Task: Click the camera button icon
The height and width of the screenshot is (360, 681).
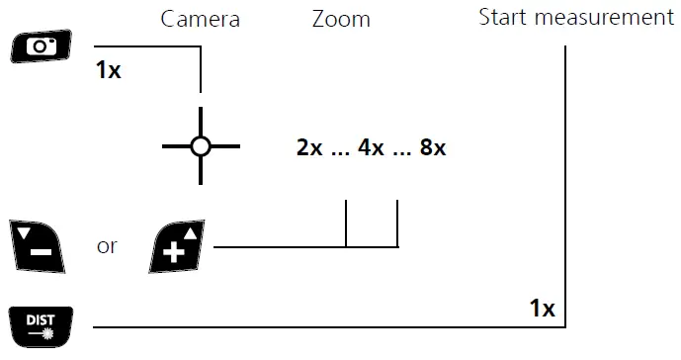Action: pyautogui.click(x=38, y=45)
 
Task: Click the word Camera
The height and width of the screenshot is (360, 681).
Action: pyautogui.click(x=201, y=19)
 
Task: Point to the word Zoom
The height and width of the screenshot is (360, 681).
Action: pyautogui.click(x=341, y=19)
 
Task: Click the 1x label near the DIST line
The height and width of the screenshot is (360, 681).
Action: pyautogui.click(x=542, y=309)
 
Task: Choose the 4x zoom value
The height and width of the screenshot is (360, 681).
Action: pyautogui.click(x=371, y=148)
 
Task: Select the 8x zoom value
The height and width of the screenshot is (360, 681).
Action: pyautogui.click(x=433, y=148)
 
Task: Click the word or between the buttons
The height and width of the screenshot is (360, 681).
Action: pyautogui.click(x=108, y=244)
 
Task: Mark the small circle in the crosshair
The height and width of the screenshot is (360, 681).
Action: pyautogui.click(x=201, y=146)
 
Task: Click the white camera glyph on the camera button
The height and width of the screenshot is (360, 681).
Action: pyautogui.click(x=38, y=45)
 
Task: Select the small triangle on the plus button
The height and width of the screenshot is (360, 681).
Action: pyautogui.click(x=193, y=232)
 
